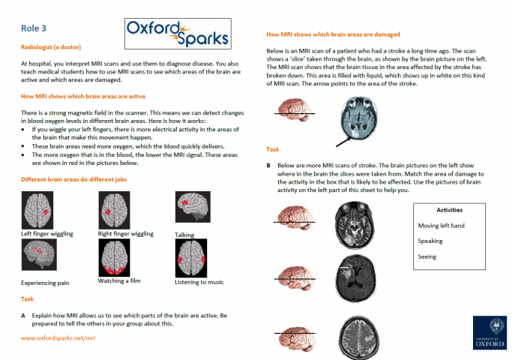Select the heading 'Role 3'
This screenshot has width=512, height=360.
click(x=34, y=28)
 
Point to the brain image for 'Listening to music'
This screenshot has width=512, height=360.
click(x=190, y=259)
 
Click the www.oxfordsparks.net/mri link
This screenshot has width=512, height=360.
click(x=58, y=337)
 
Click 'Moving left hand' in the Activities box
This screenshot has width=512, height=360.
click(x=442, y=225)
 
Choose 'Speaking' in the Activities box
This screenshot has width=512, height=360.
click(x=430, y=241)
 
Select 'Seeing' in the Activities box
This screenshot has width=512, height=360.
click(x=427, y=256)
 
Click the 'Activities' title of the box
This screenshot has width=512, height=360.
click(x=449, y=210)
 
